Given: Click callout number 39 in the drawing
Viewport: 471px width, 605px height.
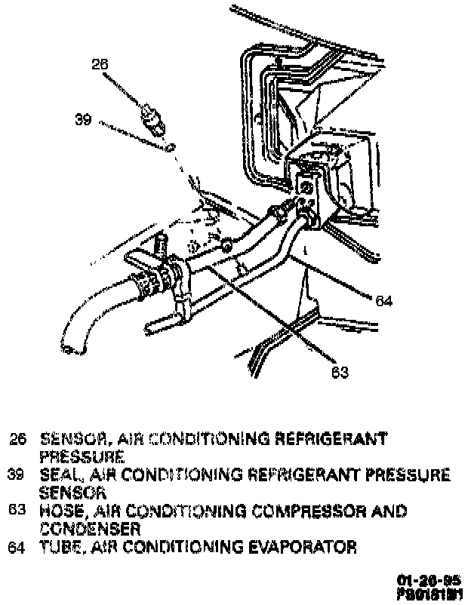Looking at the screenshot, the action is (83, 118).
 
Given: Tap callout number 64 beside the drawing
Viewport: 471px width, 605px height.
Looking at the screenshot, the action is (384, 301).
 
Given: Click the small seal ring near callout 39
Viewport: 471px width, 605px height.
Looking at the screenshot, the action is (172, 146).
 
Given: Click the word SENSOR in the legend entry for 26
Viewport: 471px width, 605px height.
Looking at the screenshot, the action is (66, 438).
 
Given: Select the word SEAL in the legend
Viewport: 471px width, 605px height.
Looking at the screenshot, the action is (57, 474).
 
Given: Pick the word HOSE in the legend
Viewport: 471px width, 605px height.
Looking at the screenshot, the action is (57, 511).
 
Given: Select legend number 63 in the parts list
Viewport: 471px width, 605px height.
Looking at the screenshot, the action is (17, 511).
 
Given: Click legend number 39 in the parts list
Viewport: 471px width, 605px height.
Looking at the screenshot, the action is (17, 474).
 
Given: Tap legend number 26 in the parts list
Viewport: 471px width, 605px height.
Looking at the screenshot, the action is (17, 438).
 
